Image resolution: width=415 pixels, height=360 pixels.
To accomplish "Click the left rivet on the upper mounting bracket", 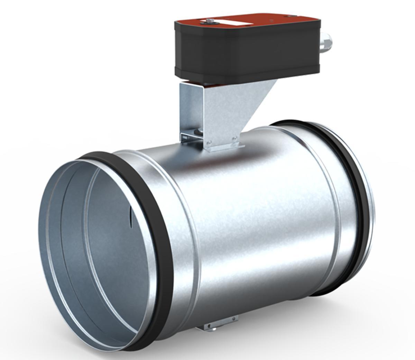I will click(209, 142).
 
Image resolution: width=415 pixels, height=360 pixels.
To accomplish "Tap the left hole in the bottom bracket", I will click(209, 325).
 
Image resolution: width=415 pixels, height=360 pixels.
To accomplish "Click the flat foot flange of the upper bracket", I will click(225, 148).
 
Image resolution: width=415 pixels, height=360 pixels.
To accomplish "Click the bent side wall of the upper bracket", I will click(185, 107).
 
